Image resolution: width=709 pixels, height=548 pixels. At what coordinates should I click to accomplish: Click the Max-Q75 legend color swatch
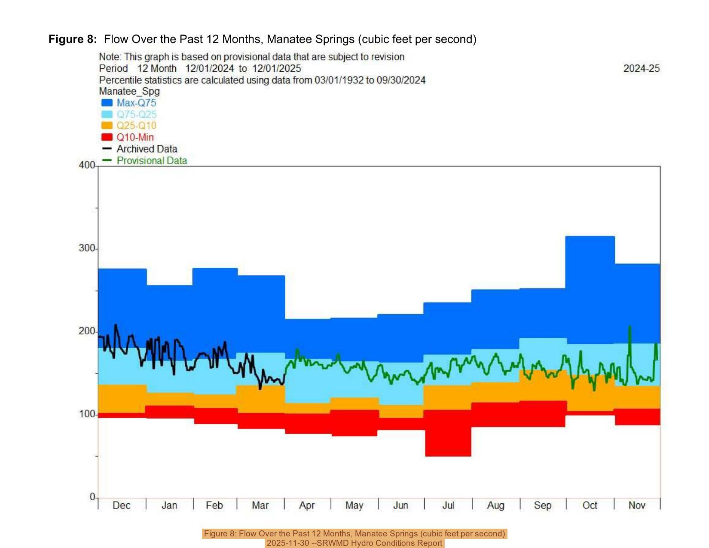pos(107,103)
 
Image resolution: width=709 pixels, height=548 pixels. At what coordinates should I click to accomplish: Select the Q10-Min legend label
pos(135,138)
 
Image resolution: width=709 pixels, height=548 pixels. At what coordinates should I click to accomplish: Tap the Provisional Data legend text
pos(152,161)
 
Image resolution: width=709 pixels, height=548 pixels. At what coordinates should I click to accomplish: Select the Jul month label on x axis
pos(448,505)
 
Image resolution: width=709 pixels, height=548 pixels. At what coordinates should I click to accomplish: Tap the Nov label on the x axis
pos(637,505)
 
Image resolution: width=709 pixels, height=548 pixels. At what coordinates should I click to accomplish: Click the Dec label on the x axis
pos(121,505)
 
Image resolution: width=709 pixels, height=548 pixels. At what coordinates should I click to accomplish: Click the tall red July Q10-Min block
pos(448,434)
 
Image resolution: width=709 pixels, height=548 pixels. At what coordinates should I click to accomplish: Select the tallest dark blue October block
pos(590,288)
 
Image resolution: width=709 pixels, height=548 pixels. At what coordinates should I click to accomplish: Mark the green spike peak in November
pos(630,327)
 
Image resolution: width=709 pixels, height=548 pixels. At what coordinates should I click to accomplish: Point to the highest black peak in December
pos(116,325)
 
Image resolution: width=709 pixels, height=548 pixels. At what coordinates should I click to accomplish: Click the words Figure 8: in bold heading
pos(73,40)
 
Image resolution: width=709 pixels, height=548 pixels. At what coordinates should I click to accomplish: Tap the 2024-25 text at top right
pos(641,69)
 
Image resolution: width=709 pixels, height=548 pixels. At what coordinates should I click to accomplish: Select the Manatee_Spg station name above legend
pos(129,92)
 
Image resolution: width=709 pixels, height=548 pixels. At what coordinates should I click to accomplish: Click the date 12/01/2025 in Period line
pos(276,69)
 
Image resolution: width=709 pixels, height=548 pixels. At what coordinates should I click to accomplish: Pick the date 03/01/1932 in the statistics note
pos(339,80)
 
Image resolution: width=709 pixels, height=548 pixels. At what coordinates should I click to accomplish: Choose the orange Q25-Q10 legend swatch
pos(107,126)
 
